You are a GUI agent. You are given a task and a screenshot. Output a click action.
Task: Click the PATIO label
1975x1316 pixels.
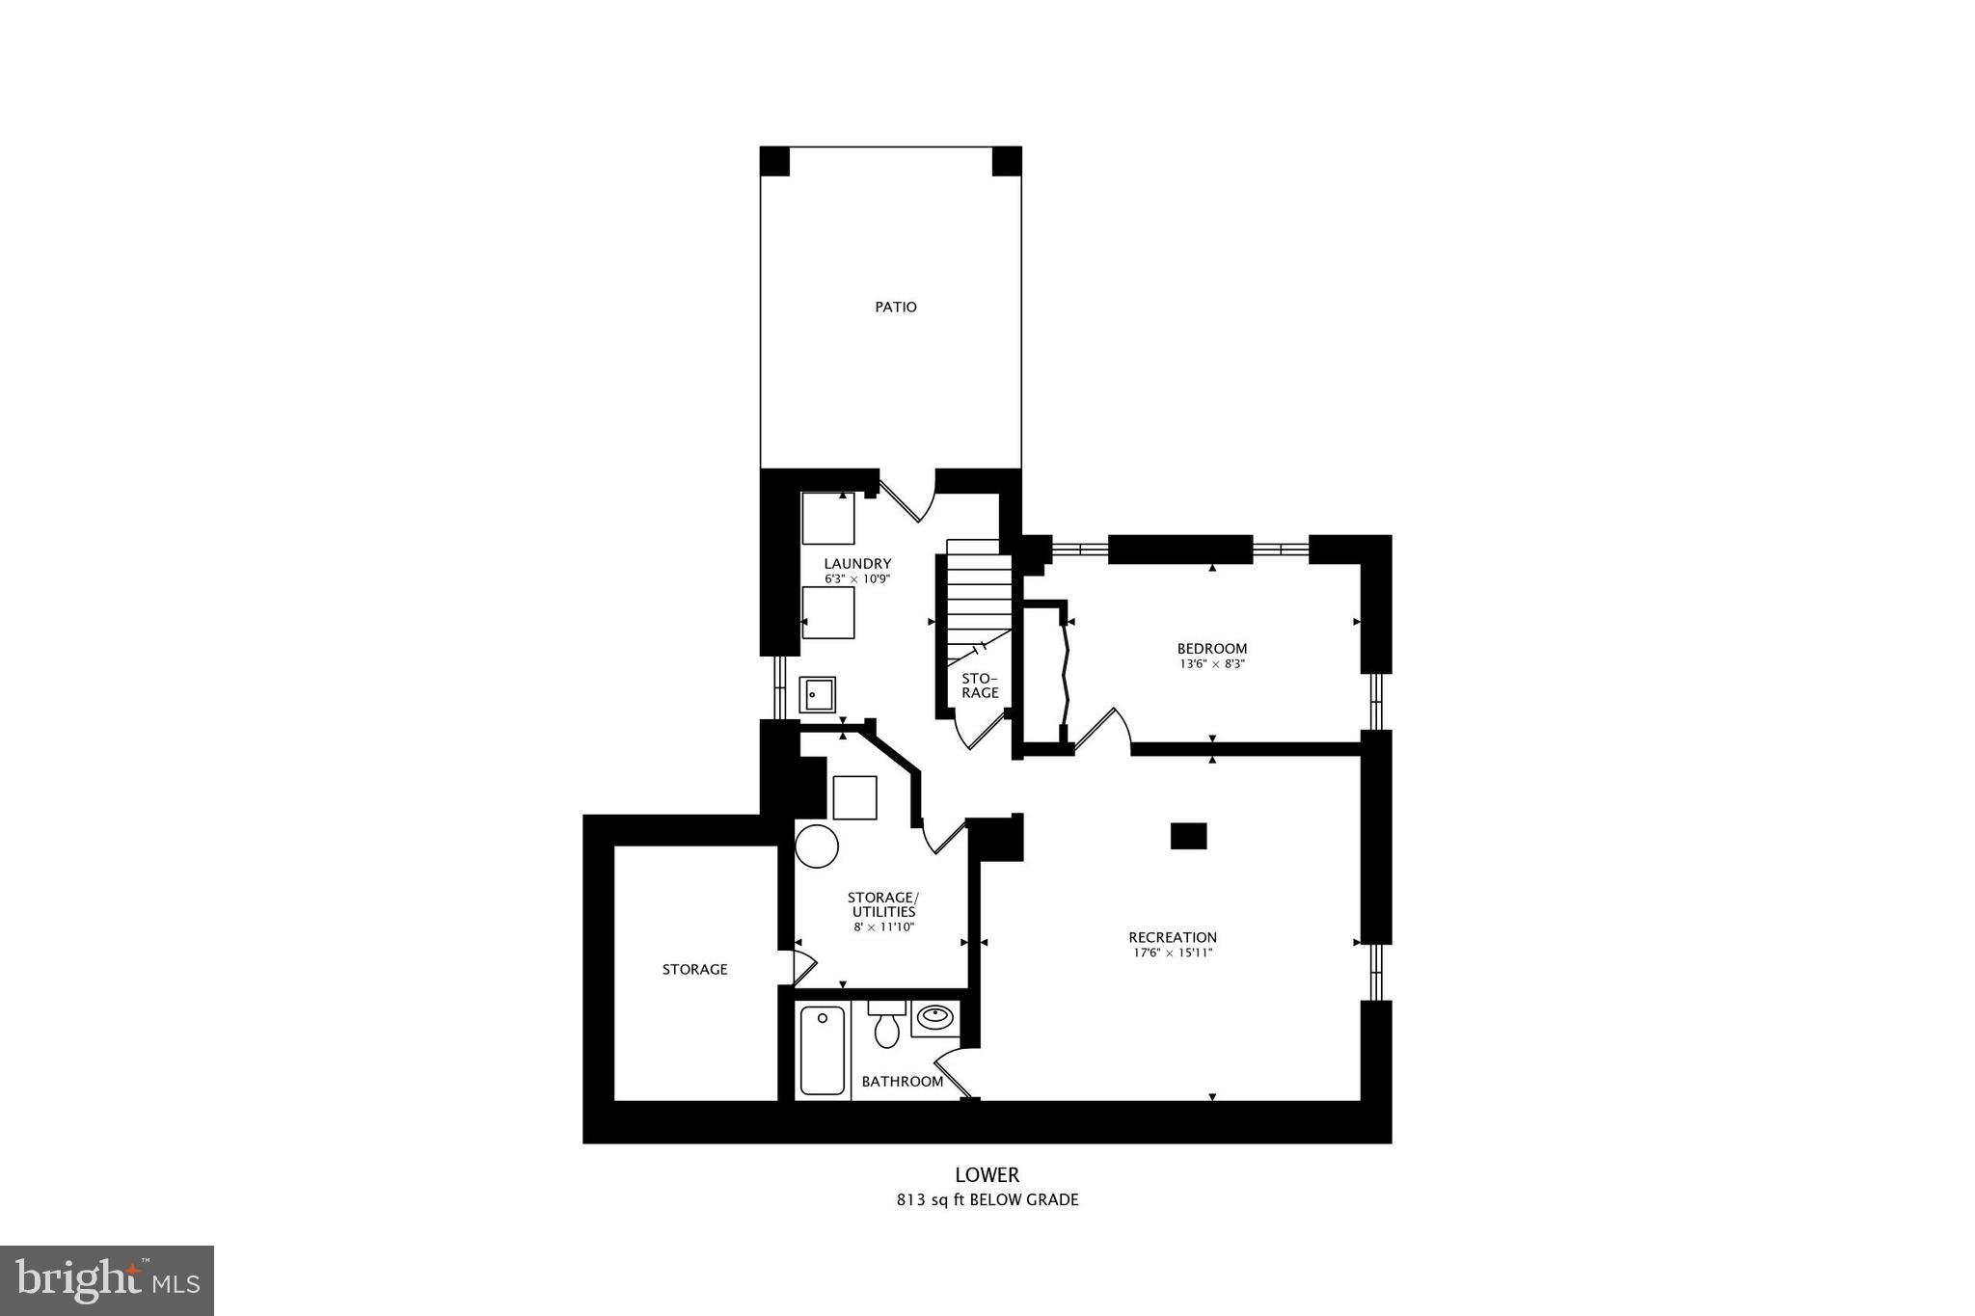[895, 308]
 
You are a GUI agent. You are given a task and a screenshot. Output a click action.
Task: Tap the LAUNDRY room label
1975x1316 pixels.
[857, 563]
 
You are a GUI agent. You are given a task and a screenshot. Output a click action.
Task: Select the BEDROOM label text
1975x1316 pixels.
[1211, 649]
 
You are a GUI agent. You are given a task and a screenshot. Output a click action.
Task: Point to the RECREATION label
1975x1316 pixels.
[1173, 937]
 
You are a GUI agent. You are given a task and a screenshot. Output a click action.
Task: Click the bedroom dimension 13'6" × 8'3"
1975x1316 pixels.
[1211, 664]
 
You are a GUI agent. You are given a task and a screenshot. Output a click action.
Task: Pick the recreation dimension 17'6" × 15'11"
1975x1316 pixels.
[1173, 953]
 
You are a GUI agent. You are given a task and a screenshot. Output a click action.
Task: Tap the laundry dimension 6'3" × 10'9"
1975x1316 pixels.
[857, 579]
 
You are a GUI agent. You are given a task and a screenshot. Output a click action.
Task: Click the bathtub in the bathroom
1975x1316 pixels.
[822, 1050]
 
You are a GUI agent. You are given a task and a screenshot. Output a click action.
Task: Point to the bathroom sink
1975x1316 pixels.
[933, 1016]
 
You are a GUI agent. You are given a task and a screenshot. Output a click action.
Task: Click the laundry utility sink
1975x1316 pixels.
[817, 694]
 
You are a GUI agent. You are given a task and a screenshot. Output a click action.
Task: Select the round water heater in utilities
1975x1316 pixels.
[816, 846]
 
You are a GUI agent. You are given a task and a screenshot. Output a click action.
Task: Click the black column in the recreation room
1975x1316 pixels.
[1188, 836]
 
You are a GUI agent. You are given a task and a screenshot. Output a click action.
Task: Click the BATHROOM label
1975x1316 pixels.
[902, 1082]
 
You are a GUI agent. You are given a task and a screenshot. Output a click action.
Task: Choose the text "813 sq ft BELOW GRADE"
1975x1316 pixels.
[987, 1200]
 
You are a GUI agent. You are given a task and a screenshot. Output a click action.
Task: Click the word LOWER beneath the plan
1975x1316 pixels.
[987, 1175]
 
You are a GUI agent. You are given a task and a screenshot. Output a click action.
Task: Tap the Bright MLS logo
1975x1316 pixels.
[107, 1280]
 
